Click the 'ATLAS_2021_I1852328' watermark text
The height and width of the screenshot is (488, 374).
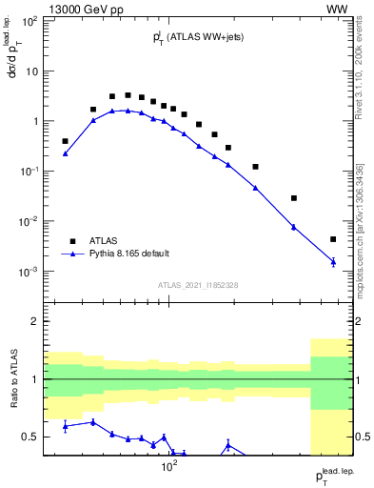coord(197,285)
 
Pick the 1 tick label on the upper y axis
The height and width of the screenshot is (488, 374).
coord(34,121)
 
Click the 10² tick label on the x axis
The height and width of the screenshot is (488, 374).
coord(169,466)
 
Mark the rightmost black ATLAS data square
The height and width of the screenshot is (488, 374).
coord(333,239)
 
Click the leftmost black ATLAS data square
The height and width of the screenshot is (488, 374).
coord(65,141)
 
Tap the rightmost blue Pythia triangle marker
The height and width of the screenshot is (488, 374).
coord(333,261)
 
